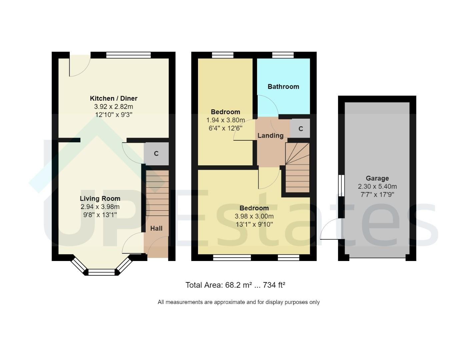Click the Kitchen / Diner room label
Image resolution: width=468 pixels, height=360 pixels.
click(113, 98)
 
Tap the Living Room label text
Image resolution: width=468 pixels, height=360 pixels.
click(100, 198)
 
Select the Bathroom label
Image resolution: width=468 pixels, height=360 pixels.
click(283, 87)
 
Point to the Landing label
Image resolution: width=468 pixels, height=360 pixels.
click(270, 136)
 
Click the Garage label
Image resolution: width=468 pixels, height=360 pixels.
click(377, 178)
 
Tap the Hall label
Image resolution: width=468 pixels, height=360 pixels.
click(156, 228)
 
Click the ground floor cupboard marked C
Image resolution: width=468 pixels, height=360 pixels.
click(156, 154)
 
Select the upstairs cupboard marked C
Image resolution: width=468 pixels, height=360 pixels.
click(300, 129)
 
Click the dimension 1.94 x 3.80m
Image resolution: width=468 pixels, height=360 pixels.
click(226, 120)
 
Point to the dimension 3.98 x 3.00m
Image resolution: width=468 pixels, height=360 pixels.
click(254, 216)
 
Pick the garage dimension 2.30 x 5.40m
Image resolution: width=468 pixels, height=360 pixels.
click(377, 187)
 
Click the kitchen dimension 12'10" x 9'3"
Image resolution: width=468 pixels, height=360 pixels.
click(113, 115)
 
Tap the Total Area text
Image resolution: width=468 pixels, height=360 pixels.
click(235, 285)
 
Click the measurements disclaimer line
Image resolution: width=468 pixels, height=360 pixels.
click(239, 302)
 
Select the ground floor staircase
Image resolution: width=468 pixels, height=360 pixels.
click(157, 193)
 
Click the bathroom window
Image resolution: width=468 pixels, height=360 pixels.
click(283, 55)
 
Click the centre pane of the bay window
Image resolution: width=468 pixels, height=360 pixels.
click(101, 272)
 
